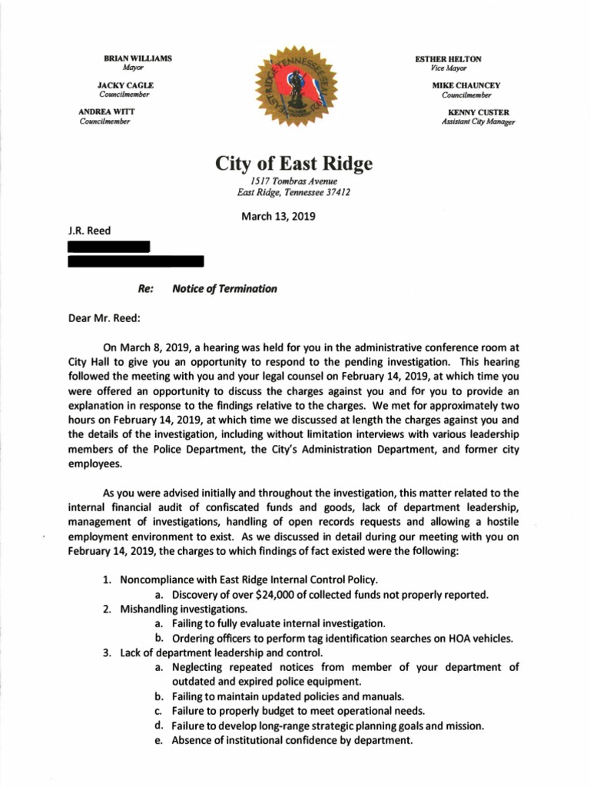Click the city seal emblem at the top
click(295, 91)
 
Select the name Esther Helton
click(448, 58)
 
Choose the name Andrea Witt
click(107, 112)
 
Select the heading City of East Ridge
click(294, 163)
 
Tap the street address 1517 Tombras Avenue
click(294, 181)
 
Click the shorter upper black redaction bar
click(108, 247)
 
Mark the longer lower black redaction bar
click(135, 261)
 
